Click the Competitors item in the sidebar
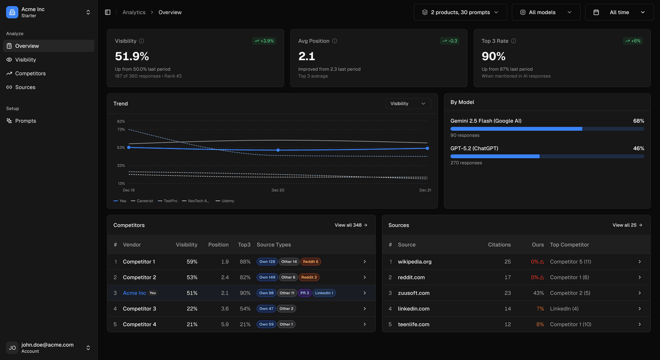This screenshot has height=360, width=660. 30,73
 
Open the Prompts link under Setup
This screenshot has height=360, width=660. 25,121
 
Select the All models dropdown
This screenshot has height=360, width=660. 546,12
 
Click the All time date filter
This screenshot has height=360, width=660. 619,12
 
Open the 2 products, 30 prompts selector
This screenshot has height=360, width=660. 460,12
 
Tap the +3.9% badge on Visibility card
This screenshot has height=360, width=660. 264,41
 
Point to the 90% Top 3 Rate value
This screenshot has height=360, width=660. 494,56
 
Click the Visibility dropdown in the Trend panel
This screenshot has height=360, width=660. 408,104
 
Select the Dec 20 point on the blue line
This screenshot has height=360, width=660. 278,150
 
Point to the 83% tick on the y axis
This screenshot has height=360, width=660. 121,122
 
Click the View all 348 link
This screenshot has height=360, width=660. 351,225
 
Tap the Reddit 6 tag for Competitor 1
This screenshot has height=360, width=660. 310,262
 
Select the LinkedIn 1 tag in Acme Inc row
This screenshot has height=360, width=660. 324,293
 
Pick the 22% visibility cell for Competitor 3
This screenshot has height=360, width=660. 192,309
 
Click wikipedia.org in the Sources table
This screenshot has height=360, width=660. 414,262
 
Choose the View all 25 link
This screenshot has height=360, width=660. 627,225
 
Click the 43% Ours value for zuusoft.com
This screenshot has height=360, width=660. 538,293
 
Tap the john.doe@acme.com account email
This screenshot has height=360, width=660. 47,345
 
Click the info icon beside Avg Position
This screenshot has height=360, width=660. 335,41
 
